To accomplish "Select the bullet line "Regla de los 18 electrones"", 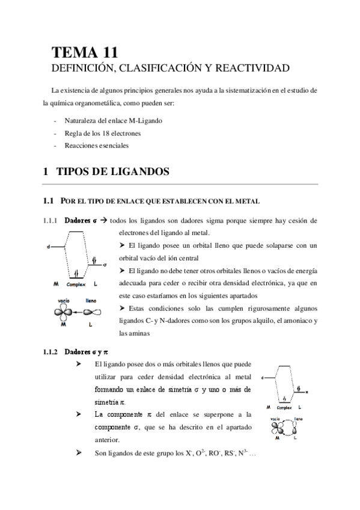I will (101, 133).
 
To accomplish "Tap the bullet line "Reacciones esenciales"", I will (94, 146).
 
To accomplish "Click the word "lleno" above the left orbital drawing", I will (92, 300).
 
